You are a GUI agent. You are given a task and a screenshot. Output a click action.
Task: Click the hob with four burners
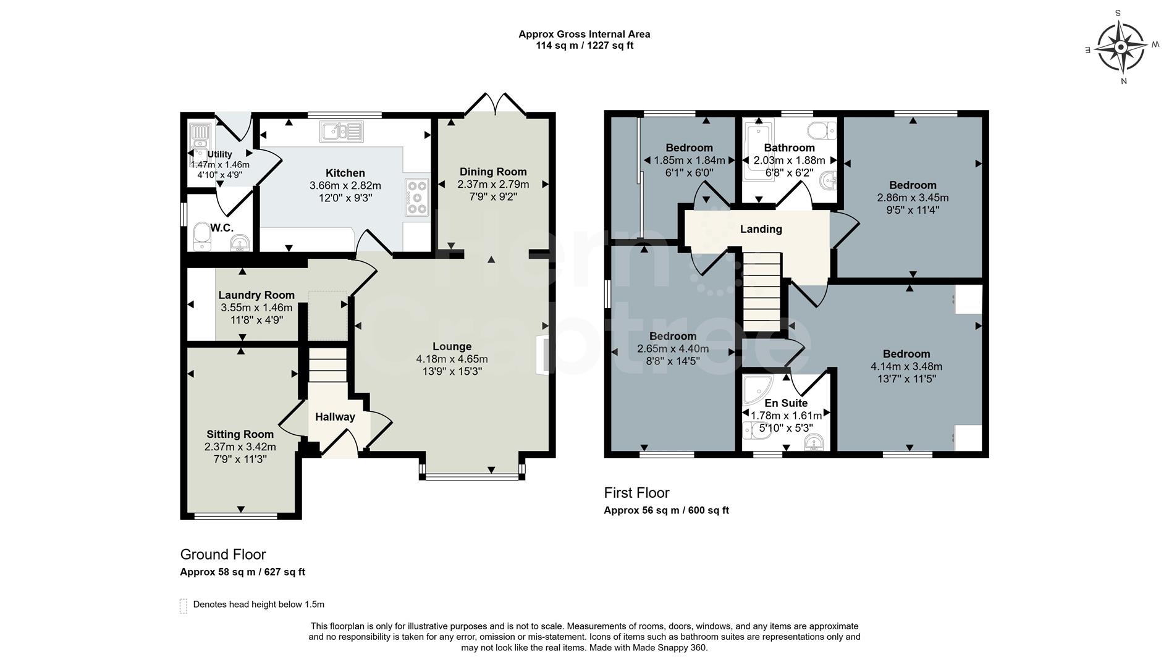pyautogui.click(x=417, y=197)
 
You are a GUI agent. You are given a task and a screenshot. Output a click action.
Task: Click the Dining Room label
pyautogui.click(x=493, y=172)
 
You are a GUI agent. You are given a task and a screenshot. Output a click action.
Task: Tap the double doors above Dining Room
pyautogui.click(x=496, y=104)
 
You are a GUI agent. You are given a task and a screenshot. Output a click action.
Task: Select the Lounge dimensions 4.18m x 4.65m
pyautogui.click(x=452, y=359)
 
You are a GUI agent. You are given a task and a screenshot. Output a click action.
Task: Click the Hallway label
pyautogui.click(x=335, y=417)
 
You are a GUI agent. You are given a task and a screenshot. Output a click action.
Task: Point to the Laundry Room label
pyautogui.click(x=256, y=295)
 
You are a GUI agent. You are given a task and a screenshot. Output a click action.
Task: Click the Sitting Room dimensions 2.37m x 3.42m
pyautogui.click(x=240, y=447)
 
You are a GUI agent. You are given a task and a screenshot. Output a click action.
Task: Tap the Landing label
pyautogui.click(x=761, y=229)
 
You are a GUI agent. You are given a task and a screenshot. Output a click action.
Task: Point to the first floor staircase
pyautogui.click(x=762, y=294)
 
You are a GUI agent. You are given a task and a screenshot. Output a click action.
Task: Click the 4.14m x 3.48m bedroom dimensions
pyautogui.click(x=906, y=366)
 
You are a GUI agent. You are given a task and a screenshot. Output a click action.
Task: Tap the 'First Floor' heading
pyautogui.click(x=636, y=493)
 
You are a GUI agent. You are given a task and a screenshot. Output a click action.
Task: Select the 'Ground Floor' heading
pyautogui.click(x=223, y=555)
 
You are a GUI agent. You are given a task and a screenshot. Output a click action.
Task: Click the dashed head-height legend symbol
pyautogui.click(x=184, y=605)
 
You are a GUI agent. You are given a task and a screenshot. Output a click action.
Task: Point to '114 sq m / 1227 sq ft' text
pyautogui.click(x=584, y=46)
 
